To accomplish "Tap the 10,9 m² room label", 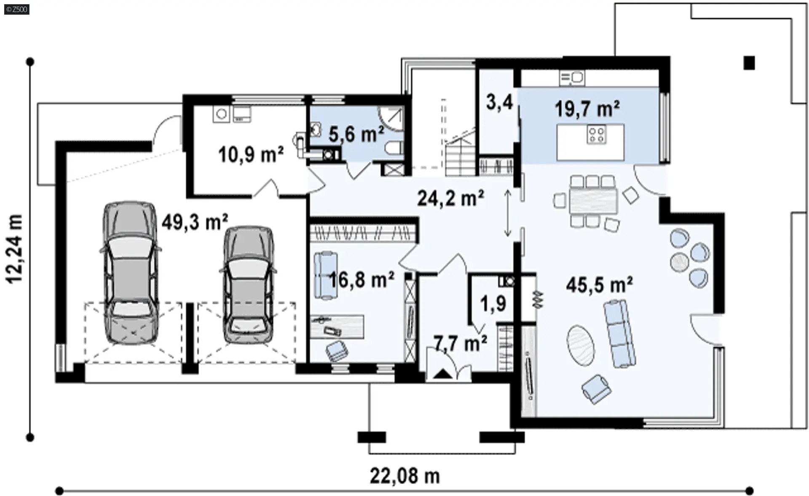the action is (x=251, y=154).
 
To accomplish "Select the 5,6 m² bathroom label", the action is (x=356, y=134).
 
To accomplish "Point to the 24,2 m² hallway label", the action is (x=450, y=198).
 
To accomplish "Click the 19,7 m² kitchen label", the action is (x=587, y=109).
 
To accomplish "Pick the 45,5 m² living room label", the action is (x=599, y=285).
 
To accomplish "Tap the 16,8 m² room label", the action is (x=362, y=279).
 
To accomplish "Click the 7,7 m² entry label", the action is (x=460, y=343).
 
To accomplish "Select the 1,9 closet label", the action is (x=493, y=303).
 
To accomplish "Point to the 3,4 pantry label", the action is (x=499, y=102).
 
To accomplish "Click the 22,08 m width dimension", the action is (x=405, y=476).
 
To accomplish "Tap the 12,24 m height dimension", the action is (x=15, y=248).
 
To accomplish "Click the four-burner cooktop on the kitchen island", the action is (x=597, y=135).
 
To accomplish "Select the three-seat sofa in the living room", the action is (x=619, y=334).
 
